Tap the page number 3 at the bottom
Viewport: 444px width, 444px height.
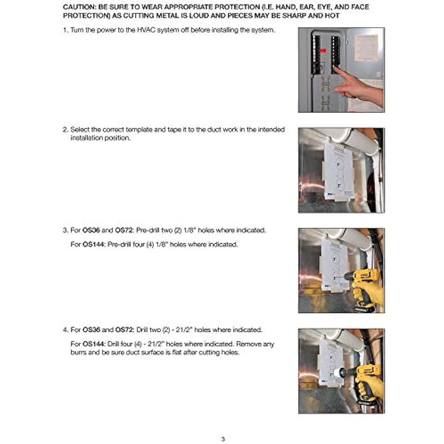[222, 439]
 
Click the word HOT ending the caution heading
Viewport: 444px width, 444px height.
[333, 16]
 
